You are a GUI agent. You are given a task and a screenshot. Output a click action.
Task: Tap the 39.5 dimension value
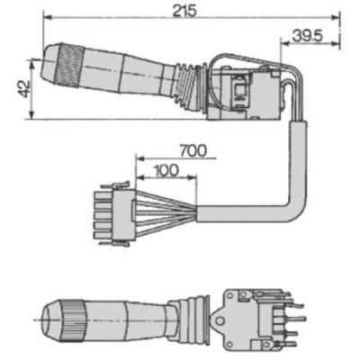click(309, 33)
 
